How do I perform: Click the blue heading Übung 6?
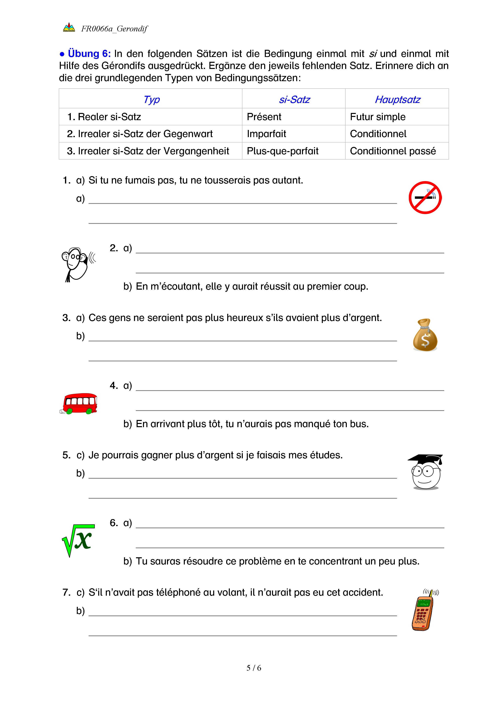(89, 54)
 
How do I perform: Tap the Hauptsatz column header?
(397, 100)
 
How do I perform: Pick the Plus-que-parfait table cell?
(283, 151)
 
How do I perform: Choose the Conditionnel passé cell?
(393, 151)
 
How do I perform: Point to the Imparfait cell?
(266, 134)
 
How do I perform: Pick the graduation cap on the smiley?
(425, 459)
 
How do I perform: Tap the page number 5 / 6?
(254, 668)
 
